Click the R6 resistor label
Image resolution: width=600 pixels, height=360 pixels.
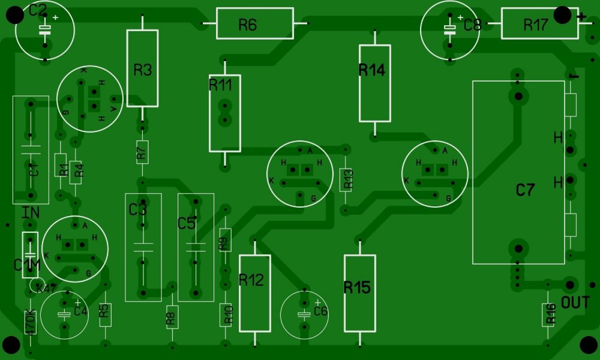247,25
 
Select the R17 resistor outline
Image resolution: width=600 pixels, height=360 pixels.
535,24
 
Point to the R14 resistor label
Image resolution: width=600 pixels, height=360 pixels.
371,70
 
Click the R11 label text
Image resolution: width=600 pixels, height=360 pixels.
220,85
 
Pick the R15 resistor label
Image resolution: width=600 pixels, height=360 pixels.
357,287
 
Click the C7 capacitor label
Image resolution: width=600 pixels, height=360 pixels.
525,190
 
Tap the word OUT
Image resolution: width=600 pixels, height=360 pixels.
575,303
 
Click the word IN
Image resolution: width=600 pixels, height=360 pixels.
31,212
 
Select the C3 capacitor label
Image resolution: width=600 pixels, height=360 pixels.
137,210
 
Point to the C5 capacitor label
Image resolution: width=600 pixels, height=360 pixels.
187,223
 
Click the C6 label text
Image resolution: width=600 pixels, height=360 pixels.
320,311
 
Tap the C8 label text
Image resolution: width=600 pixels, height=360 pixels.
473,25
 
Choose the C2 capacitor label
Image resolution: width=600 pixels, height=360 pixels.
37,10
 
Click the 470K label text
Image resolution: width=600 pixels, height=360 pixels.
31,322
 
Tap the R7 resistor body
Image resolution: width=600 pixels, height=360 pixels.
142,152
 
